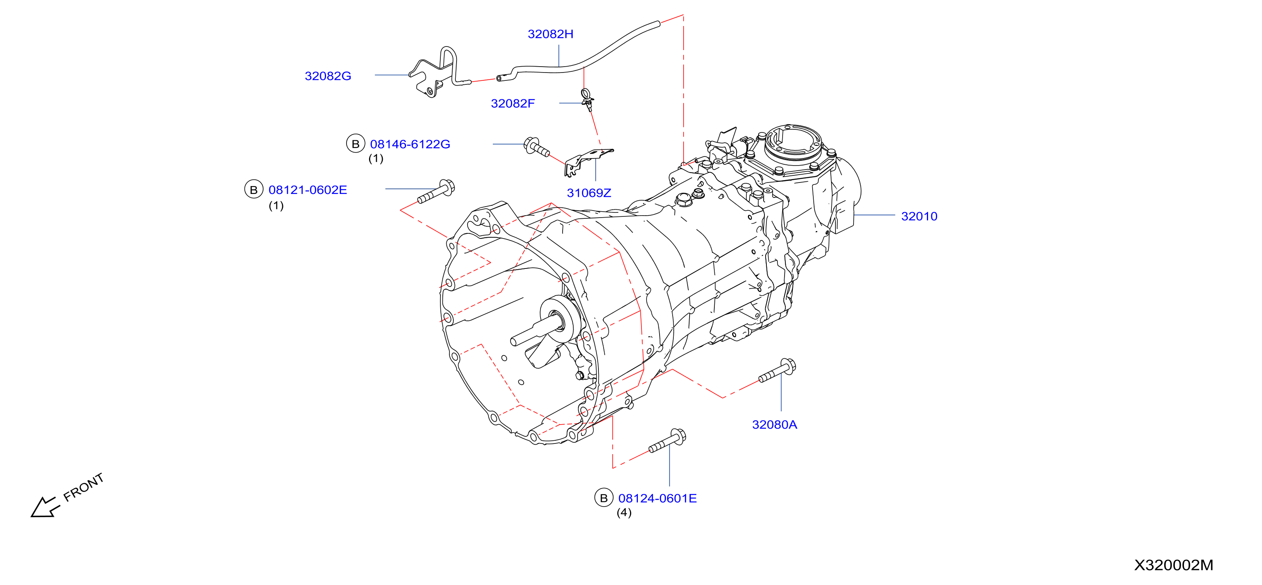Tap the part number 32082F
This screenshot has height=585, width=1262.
point(513,103)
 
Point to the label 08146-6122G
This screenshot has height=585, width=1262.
point(410,144)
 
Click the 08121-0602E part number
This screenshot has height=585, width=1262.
point(308,190)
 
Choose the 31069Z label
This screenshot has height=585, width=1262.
point(589,193)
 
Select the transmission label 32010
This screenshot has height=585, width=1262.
point(919,216)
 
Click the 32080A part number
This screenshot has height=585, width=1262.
point(775,425)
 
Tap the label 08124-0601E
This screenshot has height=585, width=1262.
point(658,498)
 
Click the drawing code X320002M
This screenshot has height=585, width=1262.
point(1174,565)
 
